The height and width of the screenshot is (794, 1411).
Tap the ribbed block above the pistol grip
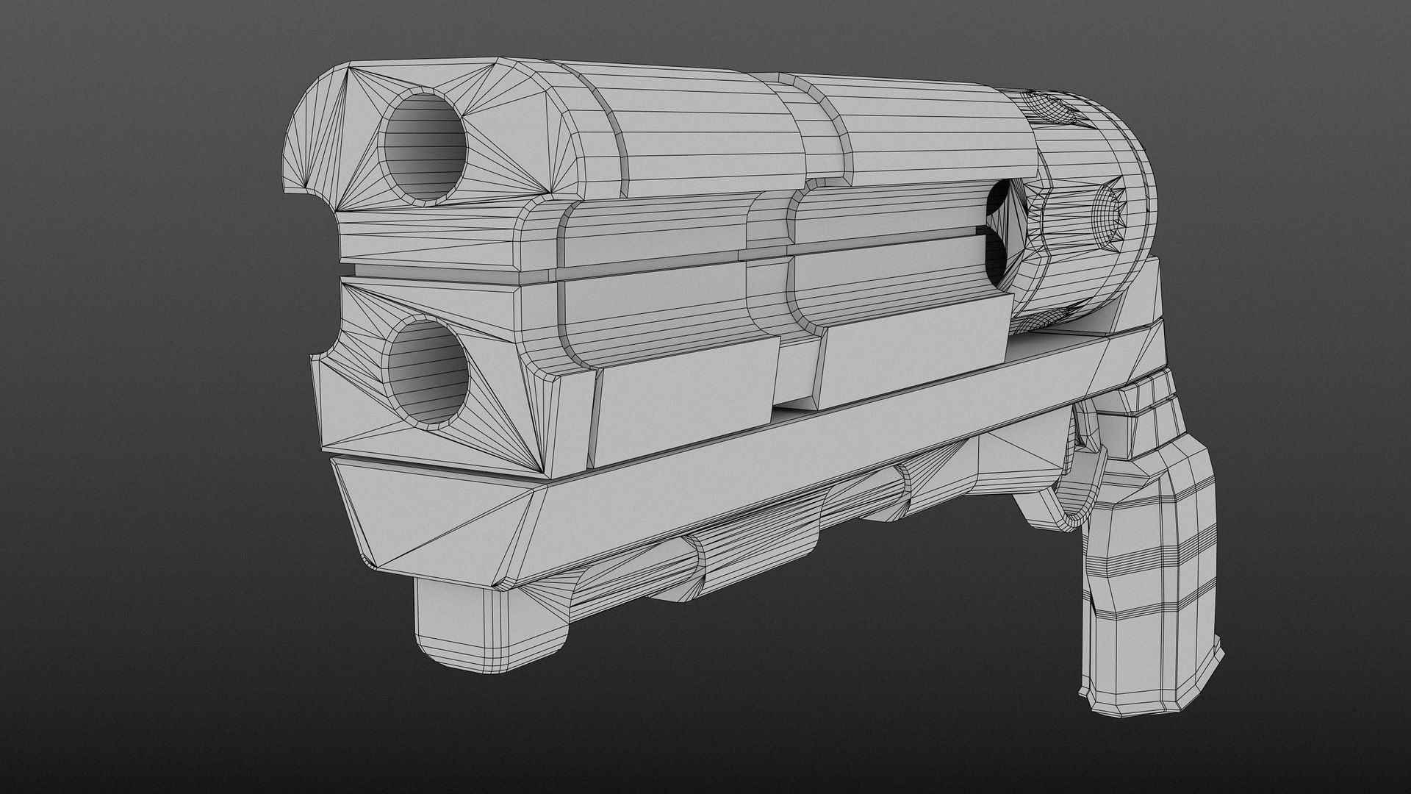(1146, 412)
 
